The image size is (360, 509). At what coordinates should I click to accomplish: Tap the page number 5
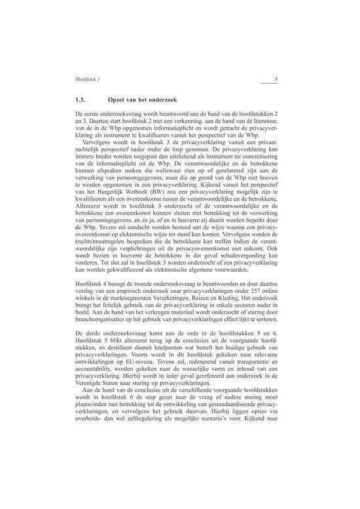(x=278, y=80)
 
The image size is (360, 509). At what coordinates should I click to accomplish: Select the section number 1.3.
(x=82, y=101)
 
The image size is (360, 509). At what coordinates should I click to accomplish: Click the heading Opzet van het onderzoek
(x=142, y=101)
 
